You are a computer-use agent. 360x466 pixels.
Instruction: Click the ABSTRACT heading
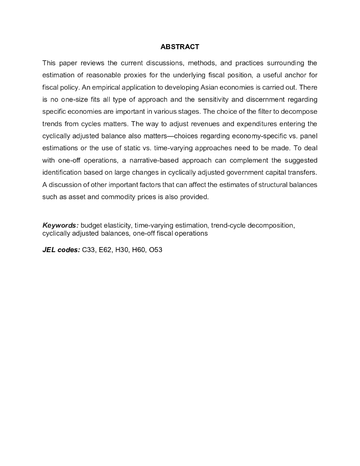click(180, 47)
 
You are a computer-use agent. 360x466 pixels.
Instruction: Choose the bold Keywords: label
click(61, 225)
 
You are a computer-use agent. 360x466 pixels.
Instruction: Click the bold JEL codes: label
click(61, 250)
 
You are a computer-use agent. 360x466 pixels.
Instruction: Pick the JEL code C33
click(88, 250)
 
